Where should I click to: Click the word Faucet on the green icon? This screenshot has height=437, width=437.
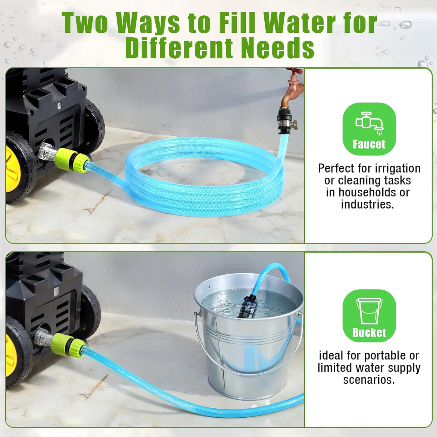pos(369,144)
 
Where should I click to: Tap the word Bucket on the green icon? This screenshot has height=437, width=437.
pos(369,333)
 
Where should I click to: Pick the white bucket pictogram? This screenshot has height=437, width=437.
pos(369,311)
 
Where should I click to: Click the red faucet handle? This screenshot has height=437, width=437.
pos(294,71)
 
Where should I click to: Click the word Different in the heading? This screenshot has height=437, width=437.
pos(179,48)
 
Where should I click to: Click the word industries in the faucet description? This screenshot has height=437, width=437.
pos(367,204)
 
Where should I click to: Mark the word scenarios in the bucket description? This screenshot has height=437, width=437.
pos(369,380)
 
